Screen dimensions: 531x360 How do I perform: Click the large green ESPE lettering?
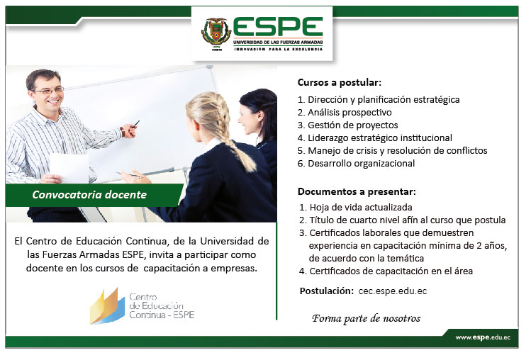coord(278,27)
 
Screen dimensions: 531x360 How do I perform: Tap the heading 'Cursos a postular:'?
coord(340,83)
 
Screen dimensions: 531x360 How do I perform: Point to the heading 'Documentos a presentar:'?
coord(357,192)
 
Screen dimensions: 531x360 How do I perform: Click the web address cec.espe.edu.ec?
coord(393,291)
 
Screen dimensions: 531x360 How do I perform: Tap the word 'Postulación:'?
coord(326,291)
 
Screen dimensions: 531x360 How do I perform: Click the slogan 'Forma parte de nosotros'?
coord(366,319)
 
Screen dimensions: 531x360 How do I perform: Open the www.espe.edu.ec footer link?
coord(483,337)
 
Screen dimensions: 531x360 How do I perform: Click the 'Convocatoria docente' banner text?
coord(89,195)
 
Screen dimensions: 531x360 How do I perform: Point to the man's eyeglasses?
coord(48,91)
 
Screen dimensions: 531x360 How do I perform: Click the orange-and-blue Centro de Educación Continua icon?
coord(107,306)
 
